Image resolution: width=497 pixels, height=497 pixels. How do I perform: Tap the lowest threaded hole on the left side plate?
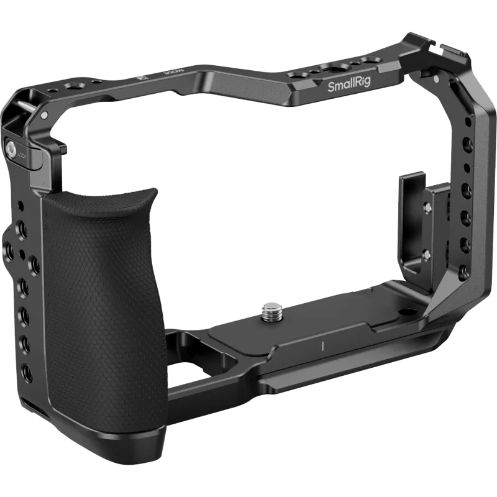(x=26, y=372)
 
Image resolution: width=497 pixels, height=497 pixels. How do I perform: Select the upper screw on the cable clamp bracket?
(x=429, y=208)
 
